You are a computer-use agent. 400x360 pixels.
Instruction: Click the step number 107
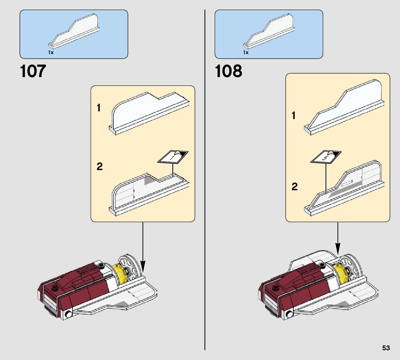(33, 72)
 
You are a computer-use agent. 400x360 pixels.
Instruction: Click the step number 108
(228, 72)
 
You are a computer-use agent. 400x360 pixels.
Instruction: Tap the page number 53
(386, 348)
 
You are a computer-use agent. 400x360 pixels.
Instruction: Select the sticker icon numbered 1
(173, 157)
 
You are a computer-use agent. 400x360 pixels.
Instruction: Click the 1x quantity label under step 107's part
(51, 52)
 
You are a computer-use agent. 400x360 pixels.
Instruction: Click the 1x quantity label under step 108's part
(246, 52)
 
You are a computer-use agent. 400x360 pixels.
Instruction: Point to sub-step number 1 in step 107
(99, 108)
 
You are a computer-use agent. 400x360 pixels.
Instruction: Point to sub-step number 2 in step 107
(100, 167)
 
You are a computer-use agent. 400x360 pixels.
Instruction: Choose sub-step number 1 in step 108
(294, 116)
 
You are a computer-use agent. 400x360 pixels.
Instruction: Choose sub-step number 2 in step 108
(295, 187)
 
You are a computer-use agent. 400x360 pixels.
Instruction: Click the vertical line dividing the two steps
(205, 174)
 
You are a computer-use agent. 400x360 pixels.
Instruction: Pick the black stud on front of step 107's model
(54, 288)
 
